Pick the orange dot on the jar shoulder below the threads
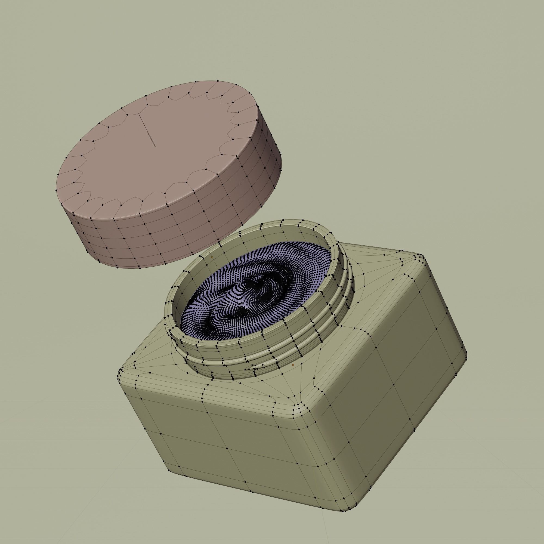pyautogui.click(x=293, y=365)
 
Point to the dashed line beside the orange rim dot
pyautogui.click(x=215, y=262)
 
